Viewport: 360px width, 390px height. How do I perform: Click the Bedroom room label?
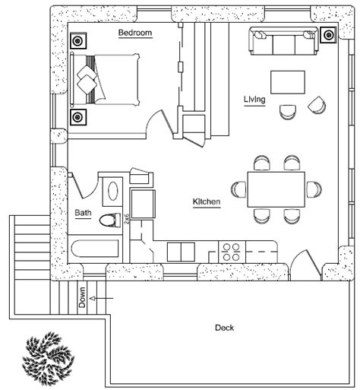click(135, 33)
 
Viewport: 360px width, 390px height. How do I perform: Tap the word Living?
click(254, 100)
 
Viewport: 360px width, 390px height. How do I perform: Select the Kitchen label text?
click(207, 201)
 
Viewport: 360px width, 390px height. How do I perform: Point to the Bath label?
click(83, 212)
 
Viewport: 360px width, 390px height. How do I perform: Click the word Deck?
click(224, 328)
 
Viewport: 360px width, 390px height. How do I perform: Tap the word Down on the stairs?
click(82, 297)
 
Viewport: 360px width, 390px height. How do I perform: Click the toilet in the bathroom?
click(110, 220)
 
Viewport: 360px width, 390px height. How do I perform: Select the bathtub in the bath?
click(95, 249)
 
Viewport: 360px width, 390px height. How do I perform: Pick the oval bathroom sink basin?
click(112, 191)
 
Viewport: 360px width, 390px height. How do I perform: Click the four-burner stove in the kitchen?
click(232, 252)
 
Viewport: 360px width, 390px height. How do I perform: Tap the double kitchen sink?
click(181, 252)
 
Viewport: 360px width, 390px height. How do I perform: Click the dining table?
click(276, 189)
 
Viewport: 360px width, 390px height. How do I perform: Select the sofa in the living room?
click(284, 41)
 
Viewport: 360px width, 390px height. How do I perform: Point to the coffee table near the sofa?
click(288, 82)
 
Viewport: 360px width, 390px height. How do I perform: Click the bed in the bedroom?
click(105, 79)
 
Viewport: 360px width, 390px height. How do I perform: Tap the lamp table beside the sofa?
click(328, 35)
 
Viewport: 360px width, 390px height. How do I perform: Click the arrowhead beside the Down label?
click(93, 298)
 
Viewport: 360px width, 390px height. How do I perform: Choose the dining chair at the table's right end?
click(314, 189)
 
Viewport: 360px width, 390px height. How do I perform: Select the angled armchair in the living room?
click(317, 105)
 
